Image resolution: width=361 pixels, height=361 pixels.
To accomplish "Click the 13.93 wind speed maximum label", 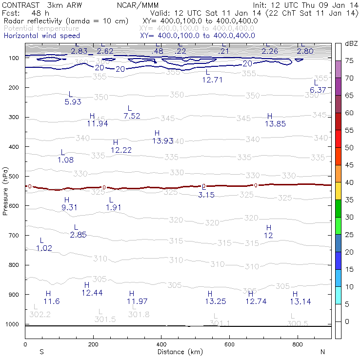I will (162, 141).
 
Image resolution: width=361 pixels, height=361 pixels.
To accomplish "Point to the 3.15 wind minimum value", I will (206, 195).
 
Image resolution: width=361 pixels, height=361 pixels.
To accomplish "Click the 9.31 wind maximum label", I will (70, 207).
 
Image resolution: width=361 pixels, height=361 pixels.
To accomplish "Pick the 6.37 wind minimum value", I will (318, 90).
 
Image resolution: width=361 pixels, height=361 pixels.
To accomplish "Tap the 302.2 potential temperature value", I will (40, 315).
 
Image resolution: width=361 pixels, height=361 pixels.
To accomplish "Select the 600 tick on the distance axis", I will (230, 344).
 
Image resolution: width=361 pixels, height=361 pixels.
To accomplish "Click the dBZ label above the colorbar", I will (351, 44).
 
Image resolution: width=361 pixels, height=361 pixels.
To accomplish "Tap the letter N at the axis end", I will (322, 352).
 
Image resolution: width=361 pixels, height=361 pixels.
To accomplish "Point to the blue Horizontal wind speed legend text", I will (41, 36).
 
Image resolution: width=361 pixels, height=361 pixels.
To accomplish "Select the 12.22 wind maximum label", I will (121, 150).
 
